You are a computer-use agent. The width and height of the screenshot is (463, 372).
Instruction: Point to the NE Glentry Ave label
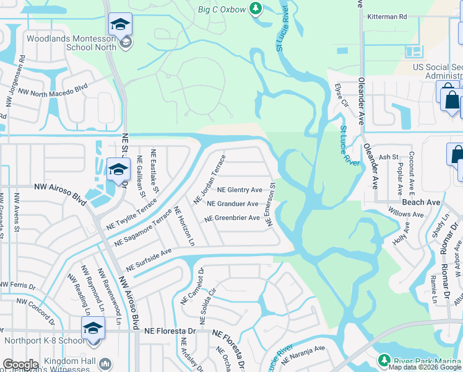tap(240, 190)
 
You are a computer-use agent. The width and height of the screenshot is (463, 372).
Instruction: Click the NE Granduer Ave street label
tap(232, 204)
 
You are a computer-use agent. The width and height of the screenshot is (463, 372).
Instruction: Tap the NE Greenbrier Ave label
tap(232, 218)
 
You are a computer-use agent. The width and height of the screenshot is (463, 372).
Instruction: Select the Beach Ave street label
tap(421, 203)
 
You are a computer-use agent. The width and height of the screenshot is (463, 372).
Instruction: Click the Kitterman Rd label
tap(386, 17)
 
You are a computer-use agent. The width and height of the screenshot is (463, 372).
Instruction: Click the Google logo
tap(20, 365)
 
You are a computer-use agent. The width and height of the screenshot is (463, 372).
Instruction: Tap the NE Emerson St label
tap(271, 202)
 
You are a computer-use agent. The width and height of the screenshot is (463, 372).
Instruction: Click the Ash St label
tap(388, 157)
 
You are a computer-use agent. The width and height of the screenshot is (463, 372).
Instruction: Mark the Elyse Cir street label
tap(342, 97)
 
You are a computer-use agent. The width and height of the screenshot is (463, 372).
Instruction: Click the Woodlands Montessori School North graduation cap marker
tap(120, 25)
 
